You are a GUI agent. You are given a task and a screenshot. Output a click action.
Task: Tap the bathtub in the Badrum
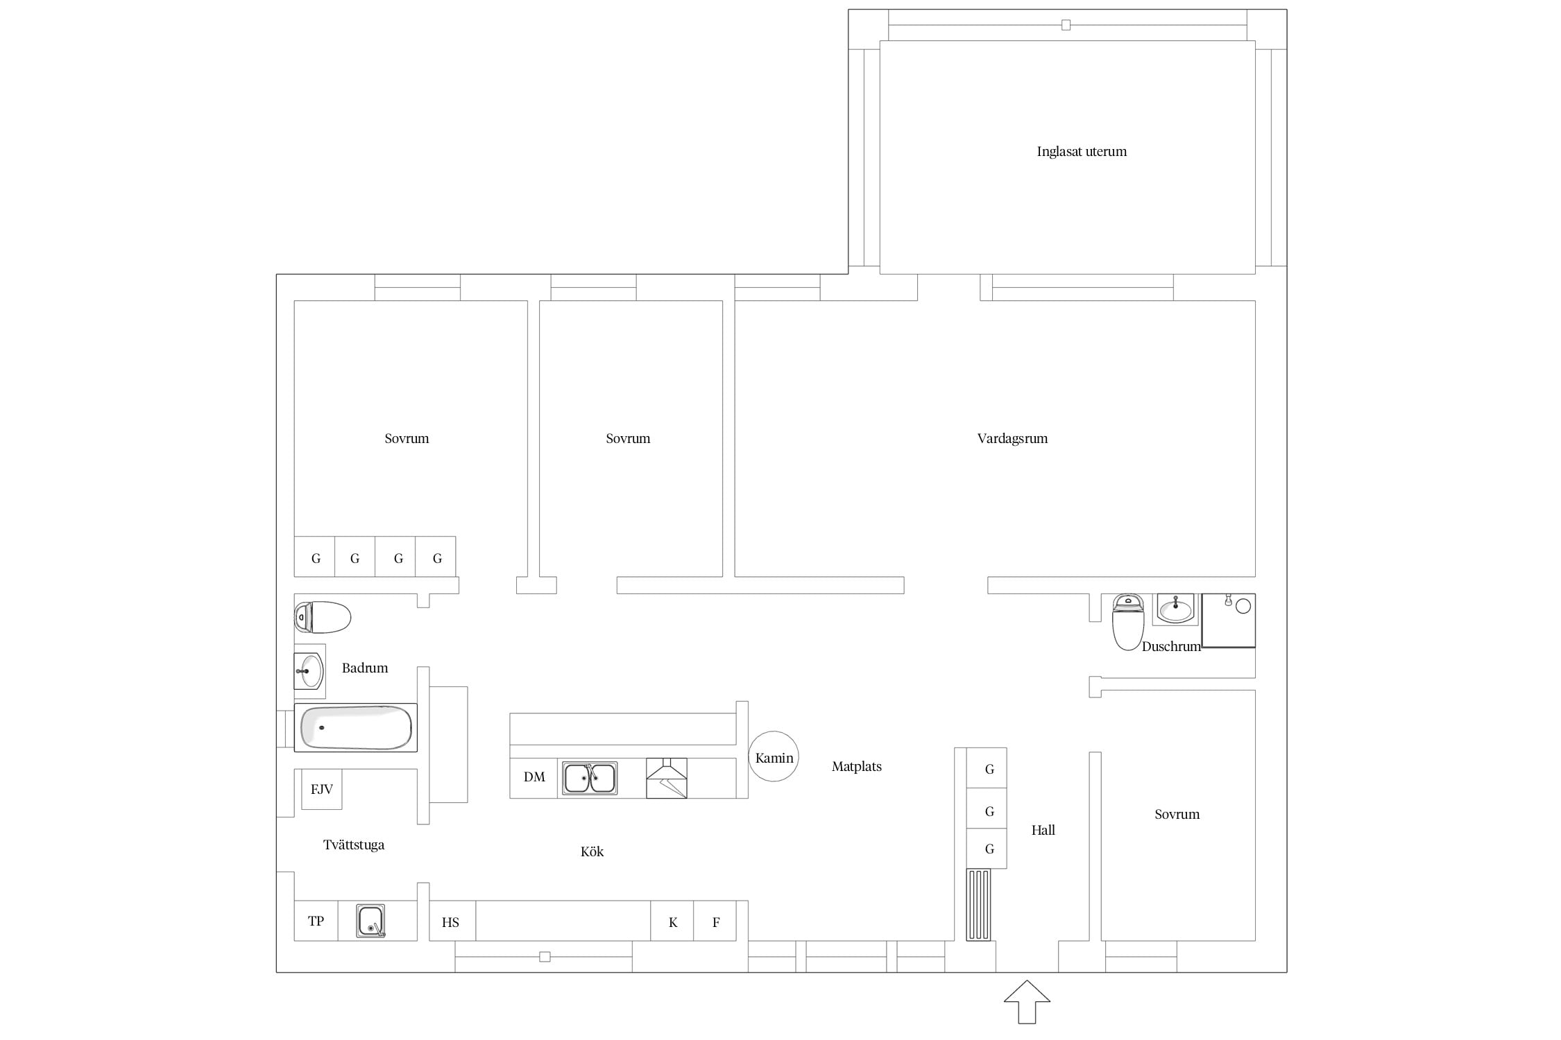click(356, 727)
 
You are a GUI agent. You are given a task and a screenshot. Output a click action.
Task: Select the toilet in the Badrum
click(323, 617)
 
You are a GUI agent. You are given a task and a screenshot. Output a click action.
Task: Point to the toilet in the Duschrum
click(1128, 622)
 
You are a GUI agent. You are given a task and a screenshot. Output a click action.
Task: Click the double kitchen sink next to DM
click(590, 778)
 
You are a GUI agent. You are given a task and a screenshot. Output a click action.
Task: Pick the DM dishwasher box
click(534, 778)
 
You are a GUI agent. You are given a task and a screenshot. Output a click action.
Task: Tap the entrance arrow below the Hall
click(1027, 1002)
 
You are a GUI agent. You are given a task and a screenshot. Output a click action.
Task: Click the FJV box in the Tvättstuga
click(322, 789)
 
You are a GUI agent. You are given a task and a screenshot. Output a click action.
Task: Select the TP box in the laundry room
click(316, 921)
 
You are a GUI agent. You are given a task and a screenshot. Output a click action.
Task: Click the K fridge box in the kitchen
click(672, 921)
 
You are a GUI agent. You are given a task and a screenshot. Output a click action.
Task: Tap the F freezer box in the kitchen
click(715, 921)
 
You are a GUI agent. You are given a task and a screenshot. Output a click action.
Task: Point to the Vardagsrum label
click(1012, 438)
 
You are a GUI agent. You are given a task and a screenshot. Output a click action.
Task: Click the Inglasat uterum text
click(1082, 151)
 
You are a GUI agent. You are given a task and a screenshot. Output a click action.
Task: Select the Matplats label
click(857, 766)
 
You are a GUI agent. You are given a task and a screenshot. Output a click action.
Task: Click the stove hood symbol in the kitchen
click(667, 778)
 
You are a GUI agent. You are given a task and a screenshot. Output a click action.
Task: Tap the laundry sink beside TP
click(370, 921)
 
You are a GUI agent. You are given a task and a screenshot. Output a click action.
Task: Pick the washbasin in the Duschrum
click(1175, 609)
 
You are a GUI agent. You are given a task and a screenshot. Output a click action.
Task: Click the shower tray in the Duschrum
click(1228, 621)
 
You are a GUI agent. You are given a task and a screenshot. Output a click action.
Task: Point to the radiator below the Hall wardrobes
click(979, 905)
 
